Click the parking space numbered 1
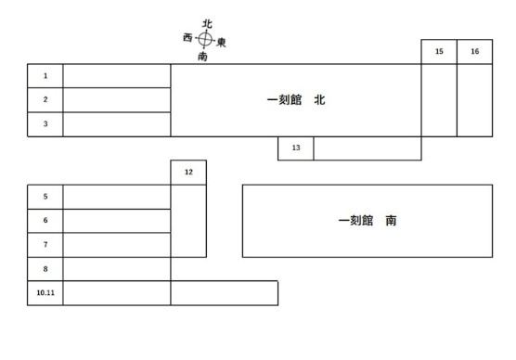(x=45, y=75)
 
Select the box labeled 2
(x=45, y=99)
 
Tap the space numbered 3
(x=45, y=123)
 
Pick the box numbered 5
(x=45, y=197)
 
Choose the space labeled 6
(x=45, y=221)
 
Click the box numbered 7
(x=45, y=245)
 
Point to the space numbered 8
(x=45, y=269)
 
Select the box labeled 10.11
(x=45, y=292)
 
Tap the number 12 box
(x=188, y=173)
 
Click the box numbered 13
(x=296, y=148)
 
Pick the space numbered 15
(x=439, y=52)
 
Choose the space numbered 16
(x=474, y=52)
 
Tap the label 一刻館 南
(x=368, y=221)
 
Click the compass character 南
(x=202, y=57)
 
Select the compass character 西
(x=188, y=37)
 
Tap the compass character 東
(x=222, y=43)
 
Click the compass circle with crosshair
(x=206, y=40)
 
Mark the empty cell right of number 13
(x=367, y=148)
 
